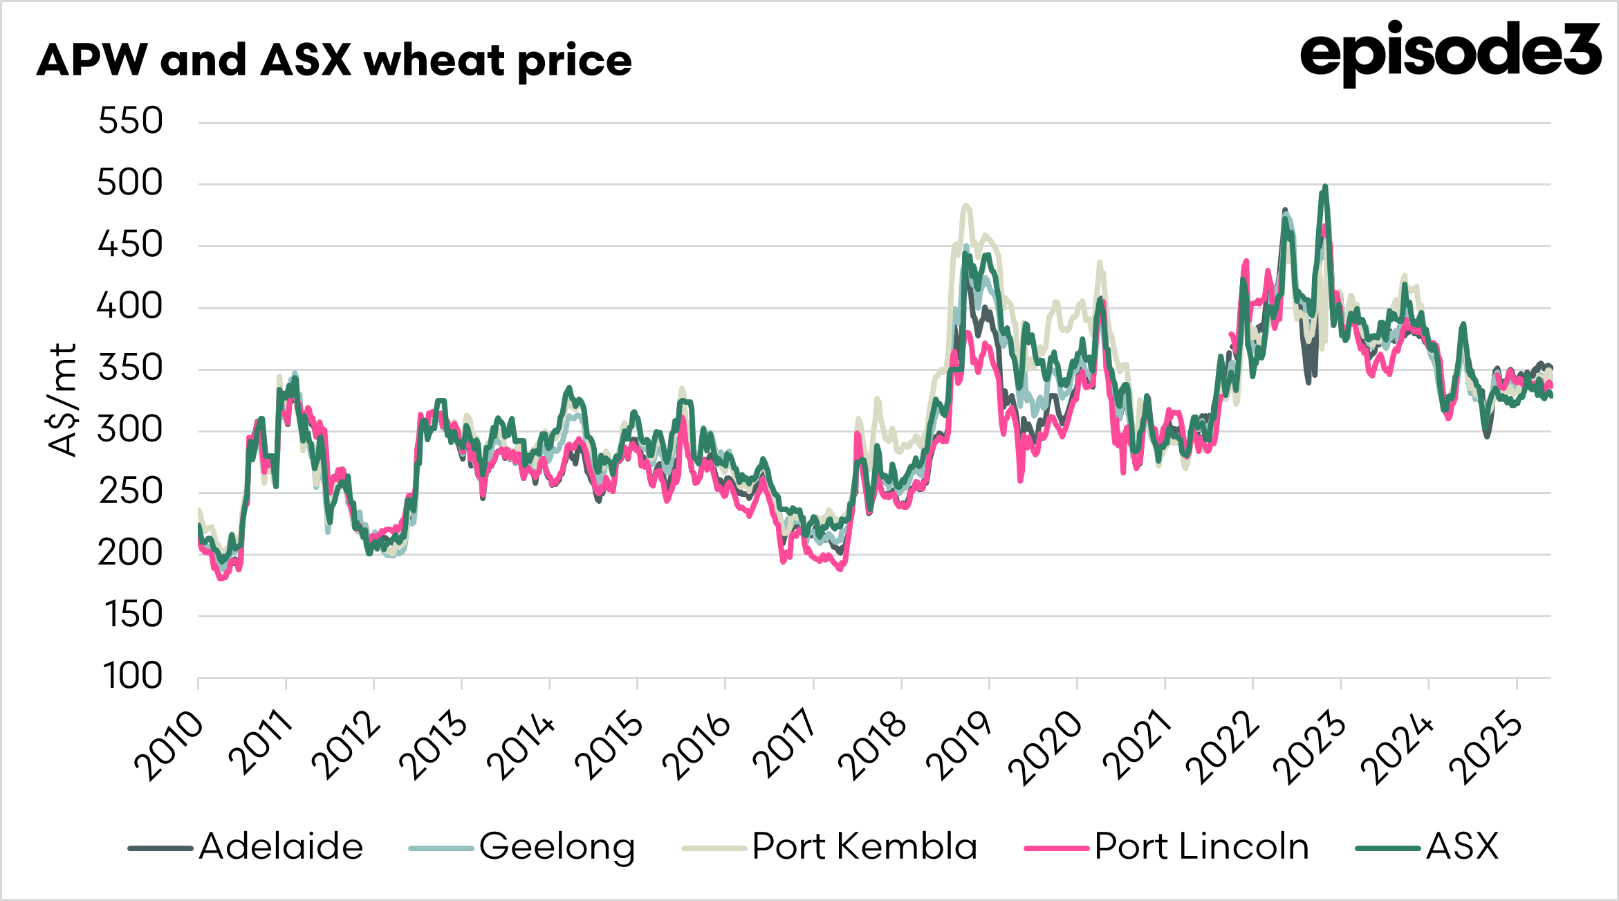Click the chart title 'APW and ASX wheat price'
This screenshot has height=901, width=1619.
point(334,60)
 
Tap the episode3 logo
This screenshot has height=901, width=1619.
point(1450,51)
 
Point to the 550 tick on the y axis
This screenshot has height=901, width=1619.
point(130,121)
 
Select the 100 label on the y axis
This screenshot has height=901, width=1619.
point(132,676)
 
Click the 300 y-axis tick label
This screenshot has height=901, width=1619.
point(130,430)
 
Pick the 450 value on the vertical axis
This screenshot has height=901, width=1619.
point(130,244)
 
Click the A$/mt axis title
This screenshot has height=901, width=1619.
point(63,400)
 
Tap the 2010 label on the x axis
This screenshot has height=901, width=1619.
point(170,745)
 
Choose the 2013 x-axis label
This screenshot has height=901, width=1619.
point(434,745)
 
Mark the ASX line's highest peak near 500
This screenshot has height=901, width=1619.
point(1325,186)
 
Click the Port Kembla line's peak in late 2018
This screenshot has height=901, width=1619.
point(966,206)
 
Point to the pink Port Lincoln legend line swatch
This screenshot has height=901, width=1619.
point(1057,848)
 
